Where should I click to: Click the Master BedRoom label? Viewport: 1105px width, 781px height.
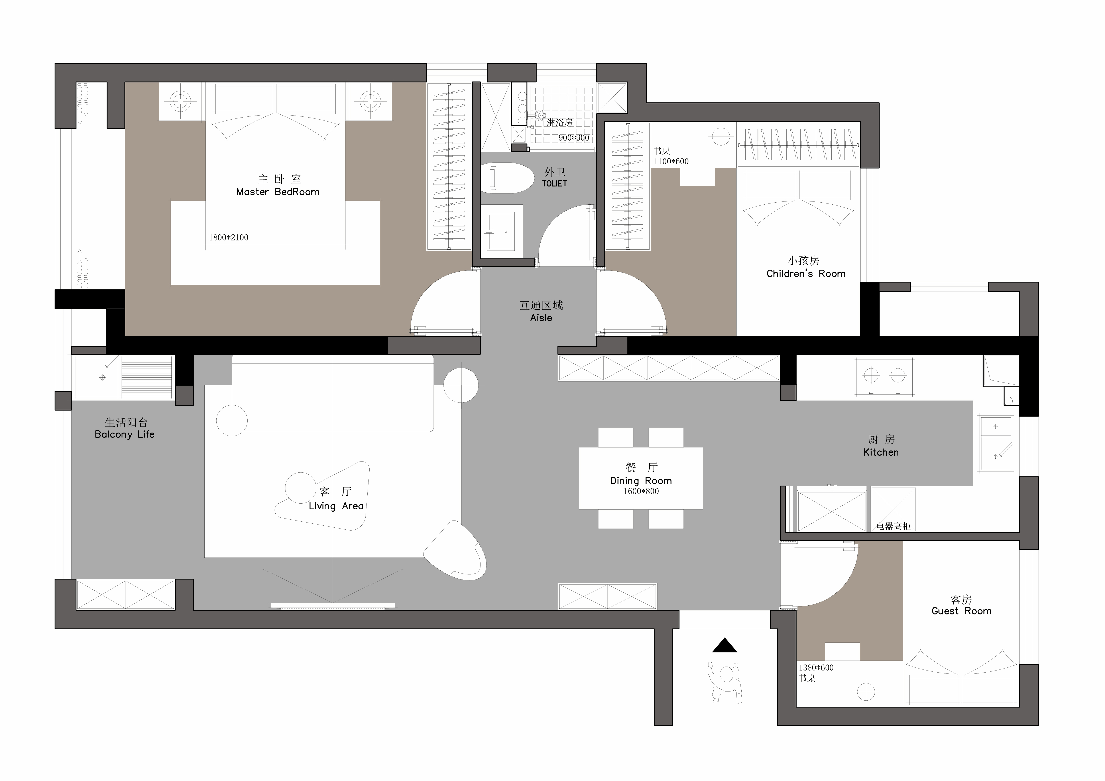click(x=278, y=192)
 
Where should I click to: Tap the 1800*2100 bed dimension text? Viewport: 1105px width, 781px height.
click(x=229, y=237)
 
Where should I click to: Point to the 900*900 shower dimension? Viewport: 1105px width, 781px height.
click(x=574, y=138)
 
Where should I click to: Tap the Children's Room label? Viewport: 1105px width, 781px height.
click(x=806, y=274)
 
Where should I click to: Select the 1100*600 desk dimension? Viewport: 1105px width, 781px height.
click(x=671, y=161)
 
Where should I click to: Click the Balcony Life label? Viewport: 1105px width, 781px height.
click(x=125, y=435)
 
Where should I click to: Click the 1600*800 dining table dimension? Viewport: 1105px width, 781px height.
click(x=641, y=491)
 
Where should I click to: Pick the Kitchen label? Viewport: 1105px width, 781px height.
click(x=881, y=452)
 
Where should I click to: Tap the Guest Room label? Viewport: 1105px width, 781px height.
click(x=961, y=611)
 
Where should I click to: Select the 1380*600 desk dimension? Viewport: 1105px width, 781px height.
click(x=816, y=667)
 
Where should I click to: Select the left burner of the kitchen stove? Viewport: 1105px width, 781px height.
click(x=871, y=375)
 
